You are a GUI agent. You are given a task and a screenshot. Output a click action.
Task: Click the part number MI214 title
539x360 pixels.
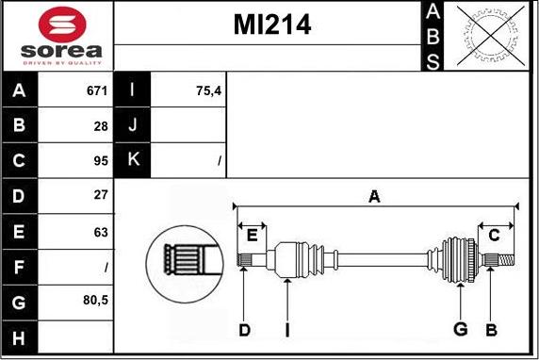pos(271,25)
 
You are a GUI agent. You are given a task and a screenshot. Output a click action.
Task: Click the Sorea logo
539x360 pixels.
pos(58,37)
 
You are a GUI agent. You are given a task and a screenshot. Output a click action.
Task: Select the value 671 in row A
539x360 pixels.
pos(96,91)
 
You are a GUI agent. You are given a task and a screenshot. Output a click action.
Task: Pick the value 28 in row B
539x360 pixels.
pos(101,125)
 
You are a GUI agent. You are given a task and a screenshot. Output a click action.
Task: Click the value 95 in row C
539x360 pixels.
pos(101,160)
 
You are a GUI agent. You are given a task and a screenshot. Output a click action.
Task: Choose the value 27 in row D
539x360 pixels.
pos(101,196)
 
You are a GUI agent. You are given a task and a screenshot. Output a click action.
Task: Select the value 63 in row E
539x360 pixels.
pos(101,231)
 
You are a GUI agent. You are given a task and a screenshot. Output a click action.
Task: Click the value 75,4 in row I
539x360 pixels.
pos(208,91)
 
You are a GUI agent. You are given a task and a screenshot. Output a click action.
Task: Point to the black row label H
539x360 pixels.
pos(20,337)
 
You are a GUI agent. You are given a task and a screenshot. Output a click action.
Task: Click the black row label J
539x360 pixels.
pos(133,125)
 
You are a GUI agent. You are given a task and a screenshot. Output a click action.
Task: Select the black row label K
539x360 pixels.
pos(133,160)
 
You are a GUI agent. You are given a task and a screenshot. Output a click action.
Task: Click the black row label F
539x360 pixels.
pos(20,267)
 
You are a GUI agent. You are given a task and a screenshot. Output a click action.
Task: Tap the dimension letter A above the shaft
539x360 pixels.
pos(374,196)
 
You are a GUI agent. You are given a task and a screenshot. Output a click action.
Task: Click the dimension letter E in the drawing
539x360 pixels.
pos(252,236)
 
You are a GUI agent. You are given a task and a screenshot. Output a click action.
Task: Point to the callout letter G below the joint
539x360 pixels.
pos(461,329)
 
